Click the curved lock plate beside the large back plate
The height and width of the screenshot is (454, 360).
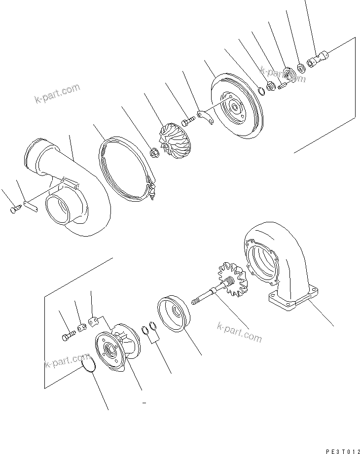tap(206, 117)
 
